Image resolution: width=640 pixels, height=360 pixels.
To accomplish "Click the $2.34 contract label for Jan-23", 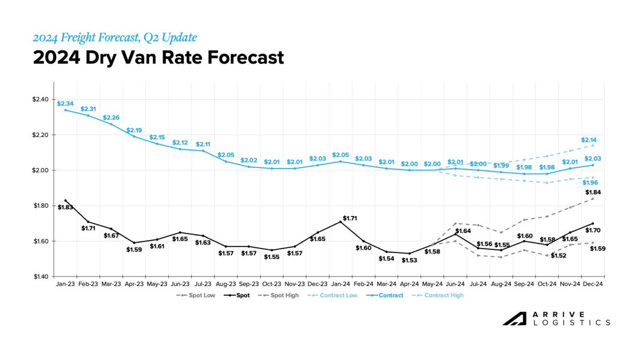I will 65,104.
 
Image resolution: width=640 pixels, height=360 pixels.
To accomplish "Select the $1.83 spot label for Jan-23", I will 65,207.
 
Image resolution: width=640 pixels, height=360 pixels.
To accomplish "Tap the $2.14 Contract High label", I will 589,140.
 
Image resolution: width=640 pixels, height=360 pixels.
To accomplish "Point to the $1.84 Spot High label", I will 593,192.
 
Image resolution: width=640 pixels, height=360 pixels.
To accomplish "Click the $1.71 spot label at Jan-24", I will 350,218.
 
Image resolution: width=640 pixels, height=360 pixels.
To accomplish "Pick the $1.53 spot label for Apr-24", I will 409,260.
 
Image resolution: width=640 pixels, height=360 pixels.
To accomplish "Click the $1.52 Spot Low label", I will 559,255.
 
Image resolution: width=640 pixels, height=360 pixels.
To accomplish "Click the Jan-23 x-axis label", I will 65,284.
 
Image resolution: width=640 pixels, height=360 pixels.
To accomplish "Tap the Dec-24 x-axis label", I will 593,284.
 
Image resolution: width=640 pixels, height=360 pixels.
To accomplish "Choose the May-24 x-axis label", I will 432,284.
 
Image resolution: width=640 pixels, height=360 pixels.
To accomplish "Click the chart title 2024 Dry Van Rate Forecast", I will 158,58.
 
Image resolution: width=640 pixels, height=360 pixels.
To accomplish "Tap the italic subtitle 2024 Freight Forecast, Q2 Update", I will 115,37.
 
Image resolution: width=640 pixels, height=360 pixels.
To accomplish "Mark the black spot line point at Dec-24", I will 592,223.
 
